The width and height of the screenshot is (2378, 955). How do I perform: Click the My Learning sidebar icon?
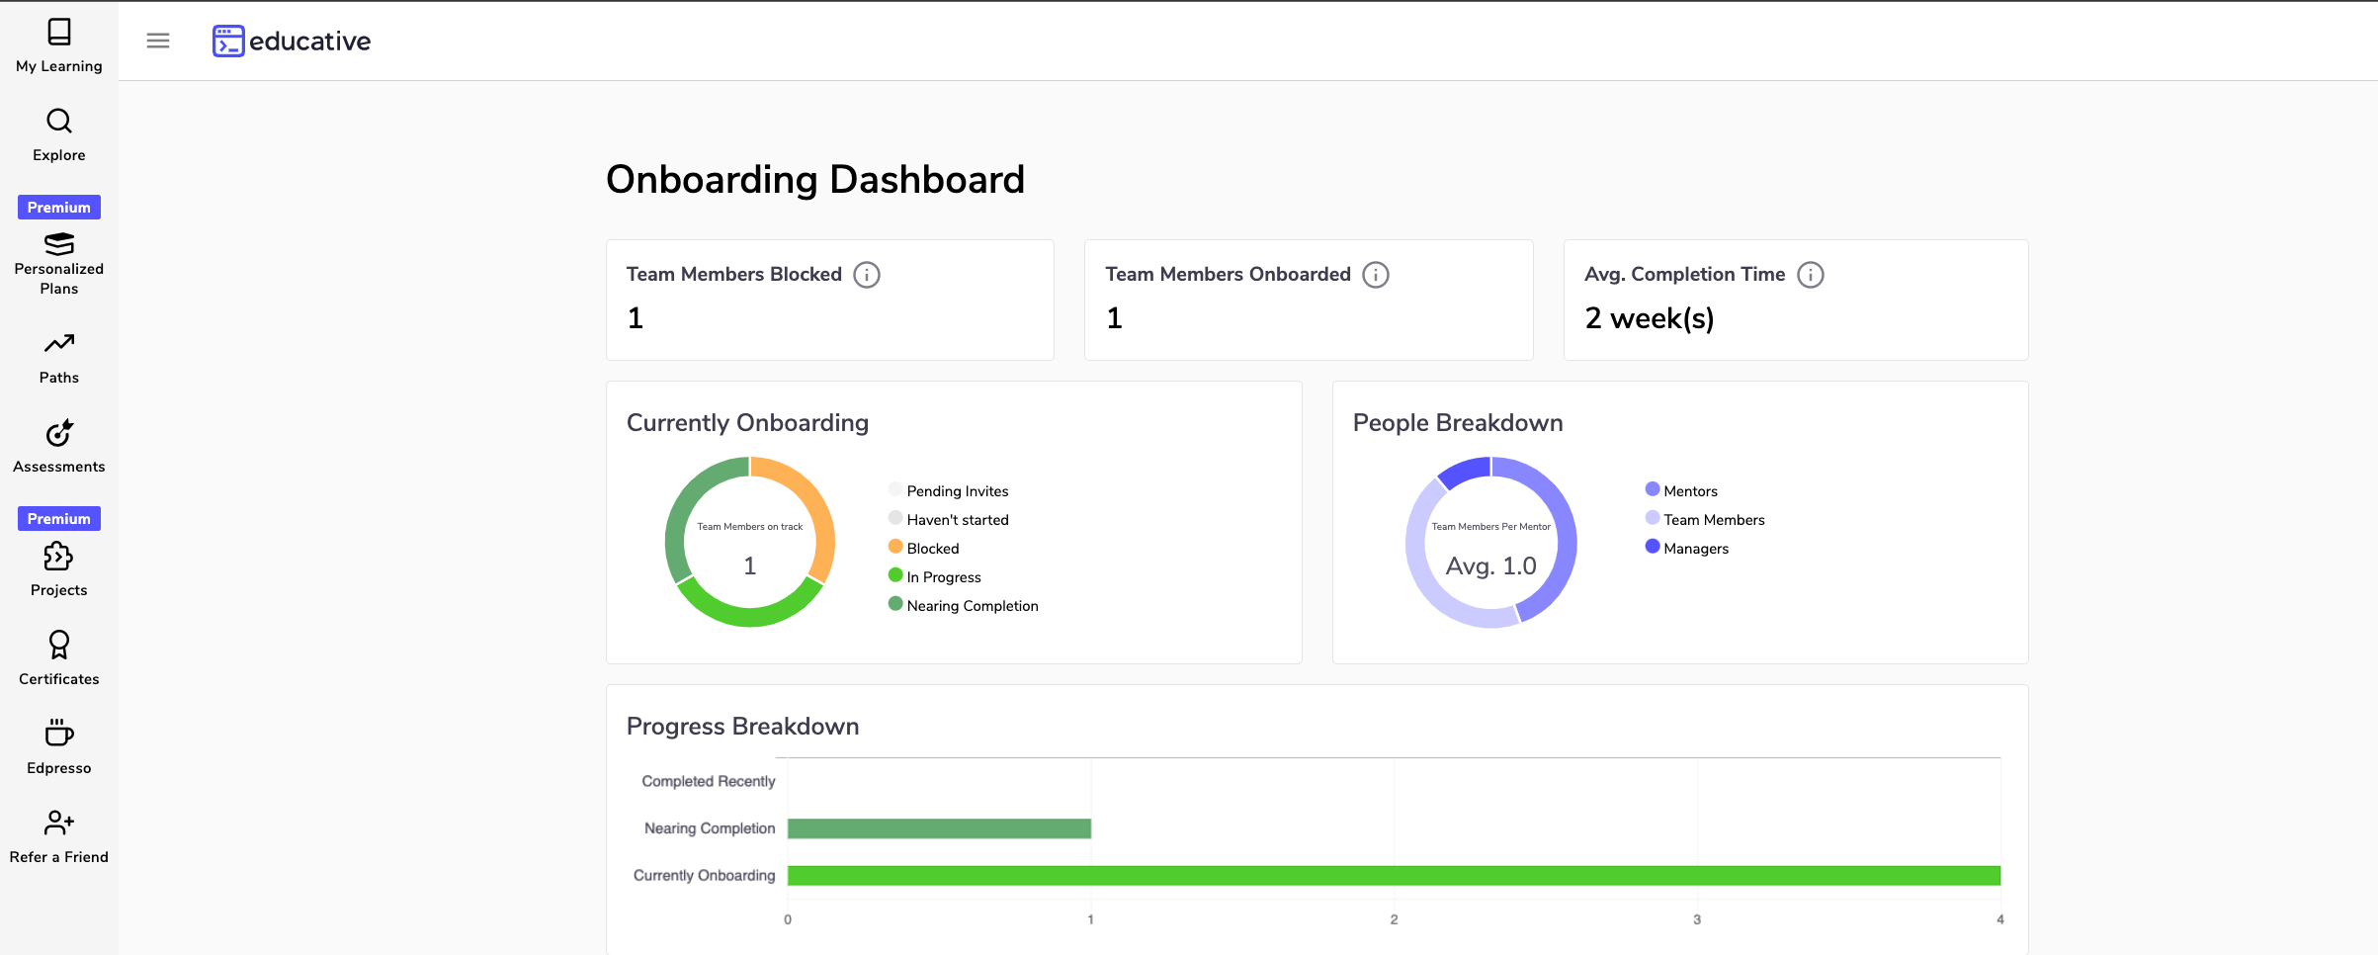pyautogui.click(x=59, y=33)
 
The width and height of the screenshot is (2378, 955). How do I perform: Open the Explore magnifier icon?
pyautogui.click(x=59, y=122)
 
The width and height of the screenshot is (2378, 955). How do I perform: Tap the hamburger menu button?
pyautogui.click(x=158, y=41)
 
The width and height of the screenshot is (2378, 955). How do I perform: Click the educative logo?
pyautogui.click(x=292, y=41)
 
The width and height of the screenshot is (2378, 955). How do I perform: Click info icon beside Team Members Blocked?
pyautogui.click(x=867, y=275)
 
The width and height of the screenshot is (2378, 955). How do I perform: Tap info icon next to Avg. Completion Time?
pyautogui.click(x=1810, y=275)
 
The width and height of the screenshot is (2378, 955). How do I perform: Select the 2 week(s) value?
pyautogui.click(x=1649, y=318)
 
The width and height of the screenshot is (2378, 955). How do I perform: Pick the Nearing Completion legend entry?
pyautogui.click(x=972, y=606)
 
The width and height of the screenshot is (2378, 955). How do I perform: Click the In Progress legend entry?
pyautogui.click(x=943, y=577)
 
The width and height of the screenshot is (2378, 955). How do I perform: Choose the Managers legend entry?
pyautogui.click(x=1695, y=549)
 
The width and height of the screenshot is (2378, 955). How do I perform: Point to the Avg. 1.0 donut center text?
pyautogui.click(x=1490, y=566)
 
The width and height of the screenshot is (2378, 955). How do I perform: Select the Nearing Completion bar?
pyautogui.click(x=939, y=828)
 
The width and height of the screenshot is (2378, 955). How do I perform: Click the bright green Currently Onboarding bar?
pyautogui.click(x=1394, y=876)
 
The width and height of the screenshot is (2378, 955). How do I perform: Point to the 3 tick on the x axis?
pyautogui.click(x=1697, y=919)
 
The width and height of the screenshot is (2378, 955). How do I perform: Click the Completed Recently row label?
pyautogui.click(x=708, y=781)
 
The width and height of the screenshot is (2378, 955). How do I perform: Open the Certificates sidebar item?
pyautogui.click(x=59, y=658)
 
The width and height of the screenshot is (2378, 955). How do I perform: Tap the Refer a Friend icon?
pyautogui.click(x=59, y=823)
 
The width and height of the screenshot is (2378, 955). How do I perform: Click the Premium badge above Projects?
pyautogui.click(x=59, y=519)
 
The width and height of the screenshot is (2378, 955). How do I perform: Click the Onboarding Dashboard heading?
pyautogui.click(x=814, y=180)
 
